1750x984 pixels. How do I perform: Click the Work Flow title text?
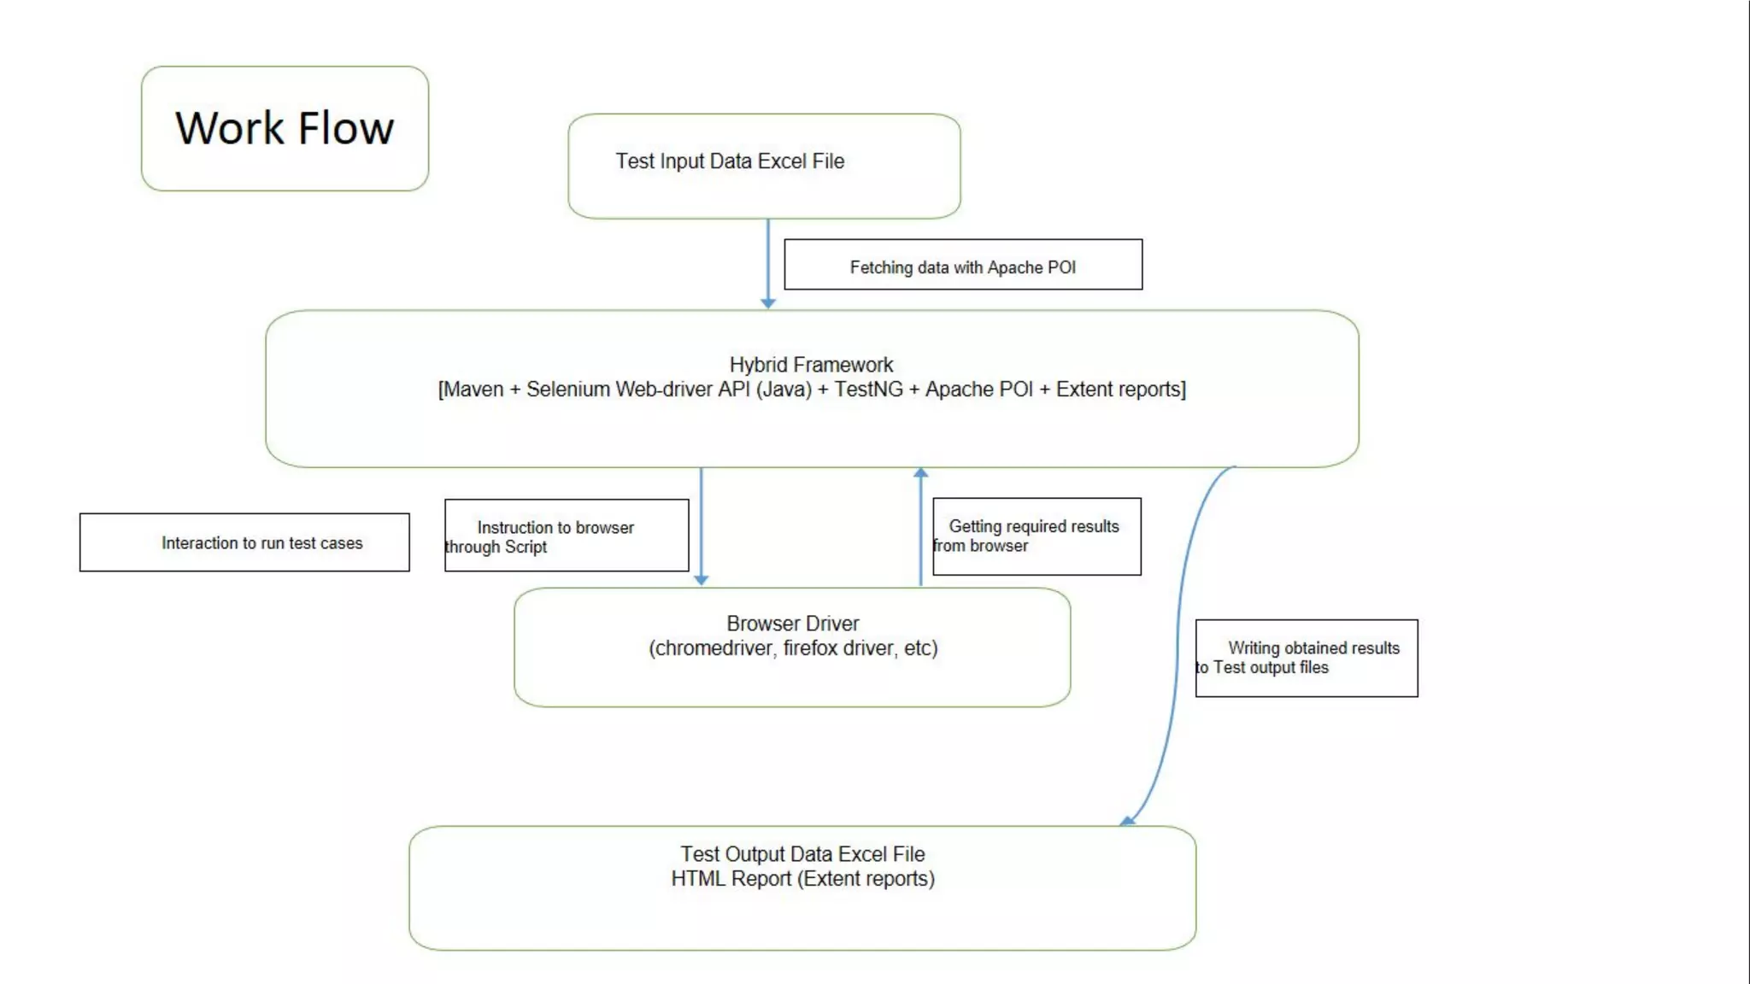[285, 128]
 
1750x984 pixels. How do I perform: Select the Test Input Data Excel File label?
[730, 161]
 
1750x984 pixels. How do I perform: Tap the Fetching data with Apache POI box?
[962, 266]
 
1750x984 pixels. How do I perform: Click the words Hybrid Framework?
[810, 365]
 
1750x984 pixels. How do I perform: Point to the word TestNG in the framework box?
[868, 389]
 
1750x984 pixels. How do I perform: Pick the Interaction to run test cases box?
[245, 542]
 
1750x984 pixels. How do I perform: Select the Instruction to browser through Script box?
[566, 536]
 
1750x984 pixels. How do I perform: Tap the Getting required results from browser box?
[1036, 536]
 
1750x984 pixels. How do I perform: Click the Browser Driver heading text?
[792, 624]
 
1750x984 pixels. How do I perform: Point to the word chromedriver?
[713, 648]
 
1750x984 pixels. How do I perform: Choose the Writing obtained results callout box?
[1306, 658]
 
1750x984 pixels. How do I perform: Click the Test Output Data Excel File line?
[802, 854]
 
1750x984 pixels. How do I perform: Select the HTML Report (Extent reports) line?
[802, 879]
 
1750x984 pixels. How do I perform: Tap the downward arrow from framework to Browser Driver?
[701, 525]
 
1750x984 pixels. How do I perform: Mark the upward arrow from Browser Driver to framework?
[920, 525]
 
